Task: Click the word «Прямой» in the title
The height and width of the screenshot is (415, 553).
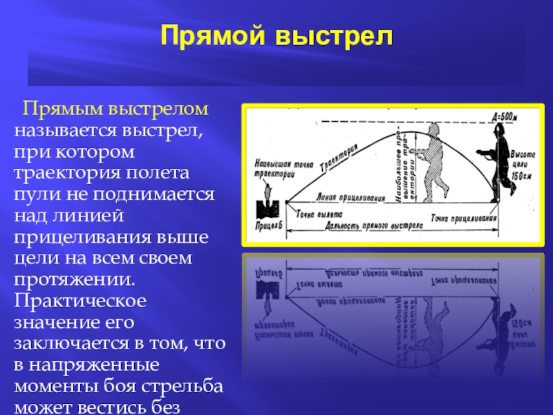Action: click(216, 35)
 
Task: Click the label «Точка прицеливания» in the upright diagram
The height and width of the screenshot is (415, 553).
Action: click(464, 216)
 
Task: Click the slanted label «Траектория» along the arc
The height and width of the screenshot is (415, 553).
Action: click(343, 158)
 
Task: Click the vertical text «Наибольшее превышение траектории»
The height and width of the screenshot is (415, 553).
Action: click(403, 166)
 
